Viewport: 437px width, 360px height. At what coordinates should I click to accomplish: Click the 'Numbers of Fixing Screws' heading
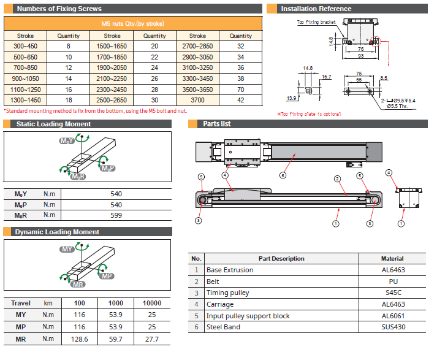[x=59, y=9]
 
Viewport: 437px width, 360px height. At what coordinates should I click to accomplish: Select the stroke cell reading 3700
[x=197, y=100]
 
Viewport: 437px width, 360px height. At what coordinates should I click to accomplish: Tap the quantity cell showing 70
[x=240, y=89]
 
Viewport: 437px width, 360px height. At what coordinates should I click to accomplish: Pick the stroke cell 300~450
[x=26, y=46]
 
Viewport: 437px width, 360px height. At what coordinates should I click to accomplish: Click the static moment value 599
[x=116, y=215]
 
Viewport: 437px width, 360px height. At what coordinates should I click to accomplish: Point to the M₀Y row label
[x=21, y=194]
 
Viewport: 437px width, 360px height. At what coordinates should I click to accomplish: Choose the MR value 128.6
[x=79, y=339]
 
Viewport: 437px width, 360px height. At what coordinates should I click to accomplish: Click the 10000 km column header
[x=152, y=303]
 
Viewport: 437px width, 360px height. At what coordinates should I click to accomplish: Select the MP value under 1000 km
[x=116, y=327]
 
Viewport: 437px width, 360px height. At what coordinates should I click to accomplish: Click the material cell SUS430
[x=392, y=327]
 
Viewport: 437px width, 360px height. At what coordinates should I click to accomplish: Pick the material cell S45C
[x=392, y=293]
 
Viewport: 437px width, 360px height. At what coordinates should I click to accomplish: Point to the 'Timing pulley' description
[x=228, y=293]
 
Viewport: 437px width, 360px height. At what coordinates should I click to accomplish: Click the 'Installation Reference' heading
[x=316, y=9]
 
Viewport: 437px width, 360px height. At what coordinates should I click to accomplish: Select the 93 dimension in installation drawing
[x=360, y=56]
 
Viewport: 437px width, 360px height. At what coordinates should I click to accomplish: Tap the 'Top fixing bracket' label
[x=316, y=23]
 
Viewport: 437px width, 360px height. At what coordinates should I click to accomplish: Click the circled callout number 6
[x=283, y=175]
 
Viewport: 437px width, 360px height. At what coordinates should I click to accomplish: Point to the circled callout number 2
[x=337, y=179]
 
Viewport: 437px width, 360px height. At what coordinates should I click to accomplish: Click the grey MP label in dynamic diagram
[x=107, y=276]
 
